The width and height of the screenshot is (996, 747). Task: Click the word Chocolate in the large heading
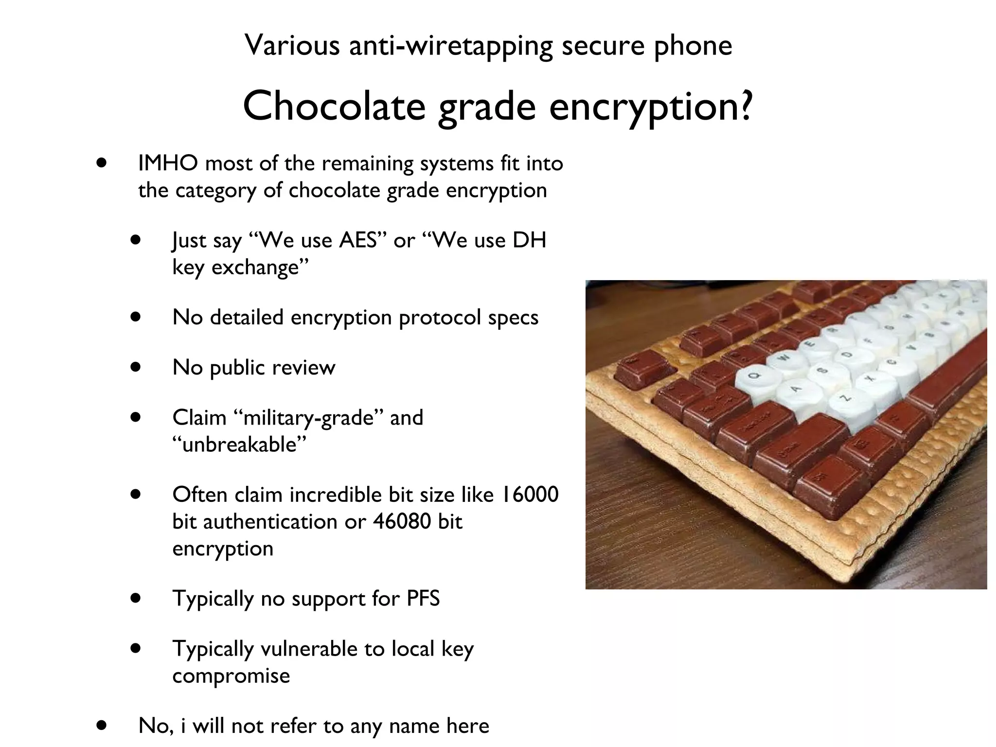(x=334, y=107)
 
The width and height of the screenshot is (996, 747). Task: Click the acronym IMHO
(x=168, y=163)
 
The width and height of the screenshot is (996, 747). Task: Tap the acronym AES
(x=358, y=241)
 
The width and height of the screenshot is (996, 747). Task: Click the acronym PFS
(x=423, y=598)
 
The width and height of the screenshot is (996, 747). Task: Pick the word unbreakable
(x=239, y=445)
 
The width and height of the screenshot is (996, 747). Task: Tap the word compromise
(x=231, y=676)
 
